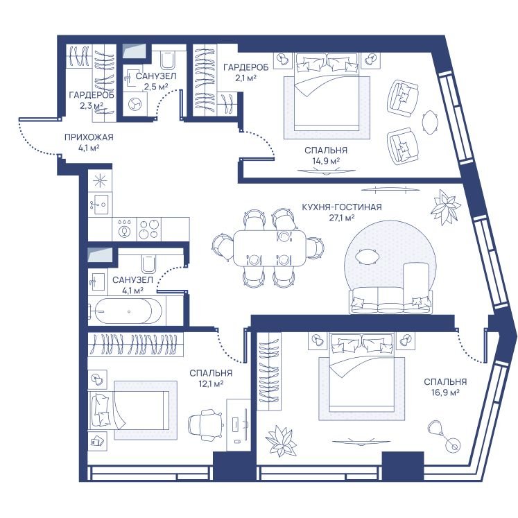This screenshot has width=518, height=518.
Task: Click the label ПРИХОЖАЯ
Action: (89, 137)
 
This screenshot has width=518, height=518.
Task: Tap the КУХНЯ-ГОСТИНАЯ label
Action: (342, 207)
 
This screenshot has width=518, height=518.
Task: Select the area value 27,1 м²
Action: (342, 218)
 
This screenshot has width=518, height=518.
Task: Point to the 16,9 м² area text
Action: (445, 392)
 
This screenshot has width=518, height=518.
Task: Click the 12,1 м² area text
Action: (210, 383)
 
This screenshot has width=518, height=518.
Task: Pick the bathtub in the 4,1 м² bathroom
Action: (124, 311)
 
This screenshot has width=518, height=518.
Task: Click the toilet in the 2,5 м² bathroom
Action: (168, 59)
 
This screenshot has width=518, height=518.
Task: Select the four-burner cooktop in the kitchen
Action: (148, 230)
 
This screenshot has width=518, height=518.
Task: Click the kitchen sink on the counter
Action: (100, 205)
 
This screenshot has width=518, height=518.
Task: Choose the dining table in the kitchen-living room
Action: (270, 248)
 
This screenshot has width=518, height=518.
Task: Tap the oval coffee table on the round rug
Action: (367, 257)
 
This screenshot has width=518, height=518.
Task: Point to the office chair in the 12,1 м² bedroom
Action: (205, 424)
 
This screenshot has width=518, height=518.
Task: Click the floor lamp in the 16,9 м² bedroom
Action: (444, 437)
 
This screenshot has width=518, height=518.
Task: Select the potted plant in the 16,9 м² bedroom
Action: (281, 441)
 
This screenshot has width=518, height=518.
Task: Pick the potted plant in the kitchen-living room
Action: (445, 207)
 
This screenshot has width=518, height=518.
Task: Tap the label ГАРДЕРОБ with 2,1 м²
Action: (245, 67)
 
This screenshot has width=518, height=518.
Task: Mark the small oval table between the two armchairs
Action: (430, 121)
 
